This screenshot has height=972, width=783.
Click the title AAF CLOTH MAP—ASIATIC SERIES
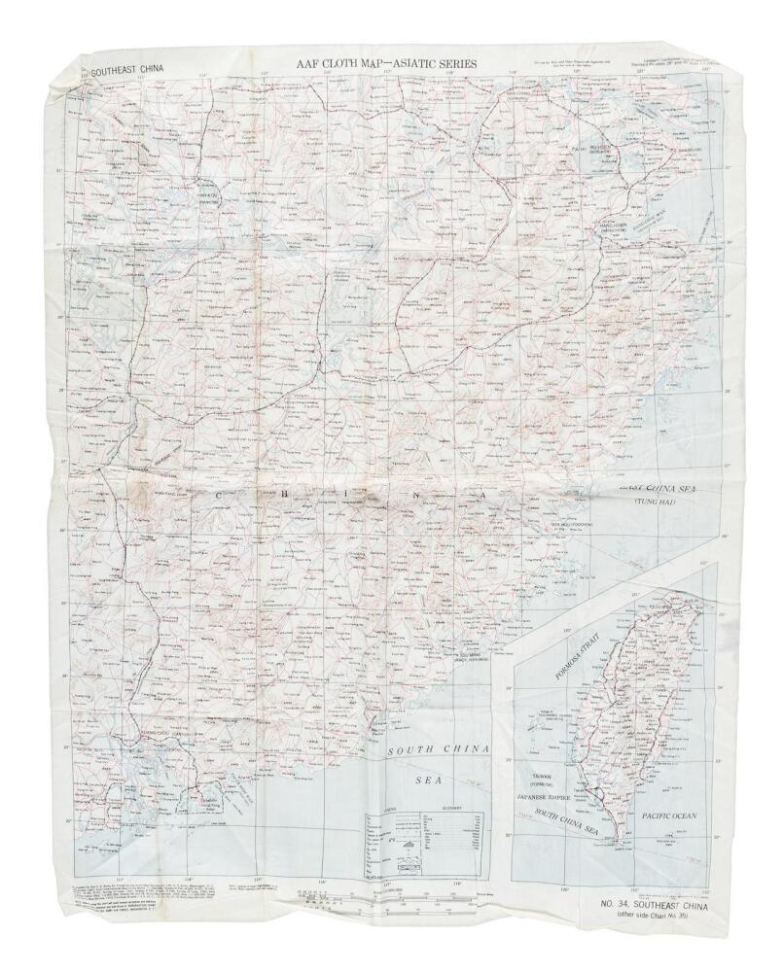[390, 64]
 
